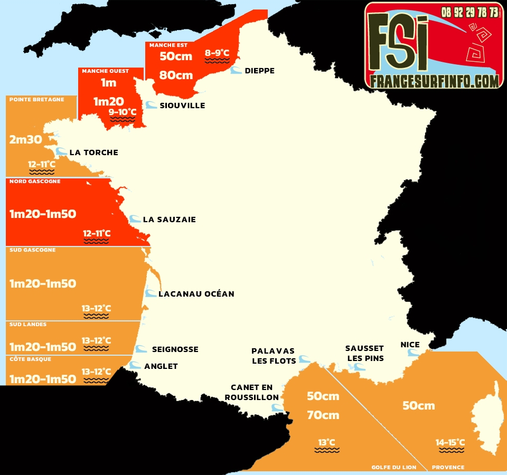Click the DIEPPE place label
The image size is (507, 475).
(259, 71)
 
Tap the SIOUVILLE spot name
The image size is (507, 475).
(182, 106)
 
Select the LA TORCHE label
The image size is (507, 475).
(93, 153)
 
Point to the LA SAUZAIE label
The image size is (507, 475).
(169, 220)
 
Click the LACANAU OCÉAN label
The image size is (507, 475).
(196, 294)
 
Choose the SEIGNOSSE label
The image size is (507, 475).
(175, 349)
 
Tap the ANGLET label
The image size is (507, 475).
(161, 366)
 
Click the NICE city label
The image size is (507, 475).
(410, 345)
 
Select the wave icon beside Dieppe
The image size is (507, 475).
(236, 71)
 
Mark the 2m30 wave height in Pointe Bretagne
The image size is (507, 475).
(25, 140)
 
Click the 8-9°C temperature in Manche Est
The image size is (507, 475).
(217, 53)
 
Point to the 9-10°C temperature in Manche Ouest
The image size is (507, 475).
(123, 112)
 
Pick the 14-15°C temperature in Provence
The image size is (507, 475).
(450, 442)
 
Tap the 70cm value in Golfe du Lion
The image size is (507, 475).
(323, 415)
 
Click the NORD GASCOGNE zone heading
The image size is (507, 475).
(35, 182)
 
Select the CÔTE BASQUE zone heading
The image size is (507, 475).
(31, 359)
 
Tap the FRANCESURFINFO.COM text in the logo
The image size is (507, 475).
(434, 81)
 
